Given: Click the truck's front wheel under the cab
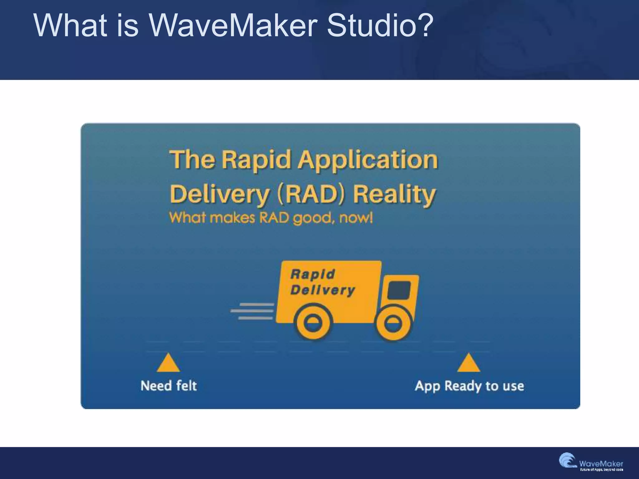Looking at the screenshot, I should point(393,323).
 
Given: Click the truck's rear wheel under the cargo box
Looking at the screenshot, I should point(313,322).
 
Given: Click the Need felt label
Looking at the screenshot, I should point(169,386).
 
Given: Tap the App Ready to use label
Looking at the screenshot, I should point(469,386).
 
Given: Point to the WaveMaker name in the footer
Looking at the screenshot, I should point(601,464).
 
